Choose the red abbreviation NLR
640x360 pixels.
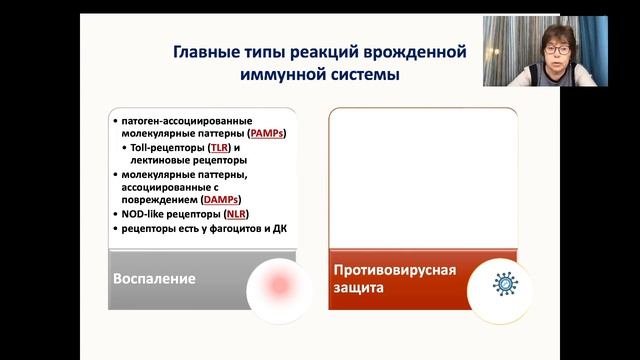(x=234, y=214)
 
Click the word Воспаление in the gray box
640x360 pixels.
(x=153, y=277)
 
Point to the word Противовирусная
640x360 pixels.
(x=394, y=270)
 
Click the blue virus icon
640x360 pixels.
(x=506, y=285)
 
